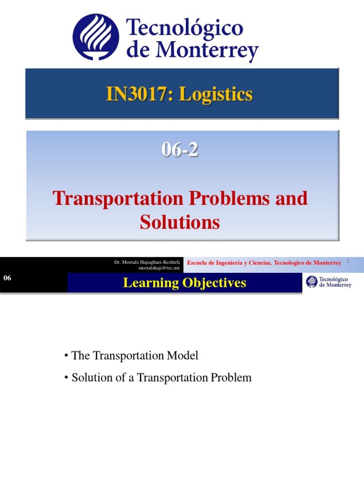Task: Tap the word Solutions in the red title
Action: [180, 222]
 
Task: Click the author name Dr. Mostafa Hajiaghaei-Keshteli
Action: [147, 262]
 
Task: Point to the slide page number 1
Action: [348, 261]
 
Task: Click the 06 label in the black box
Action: [7, 278]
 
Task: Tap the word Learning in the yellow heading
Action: [144, 283]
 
